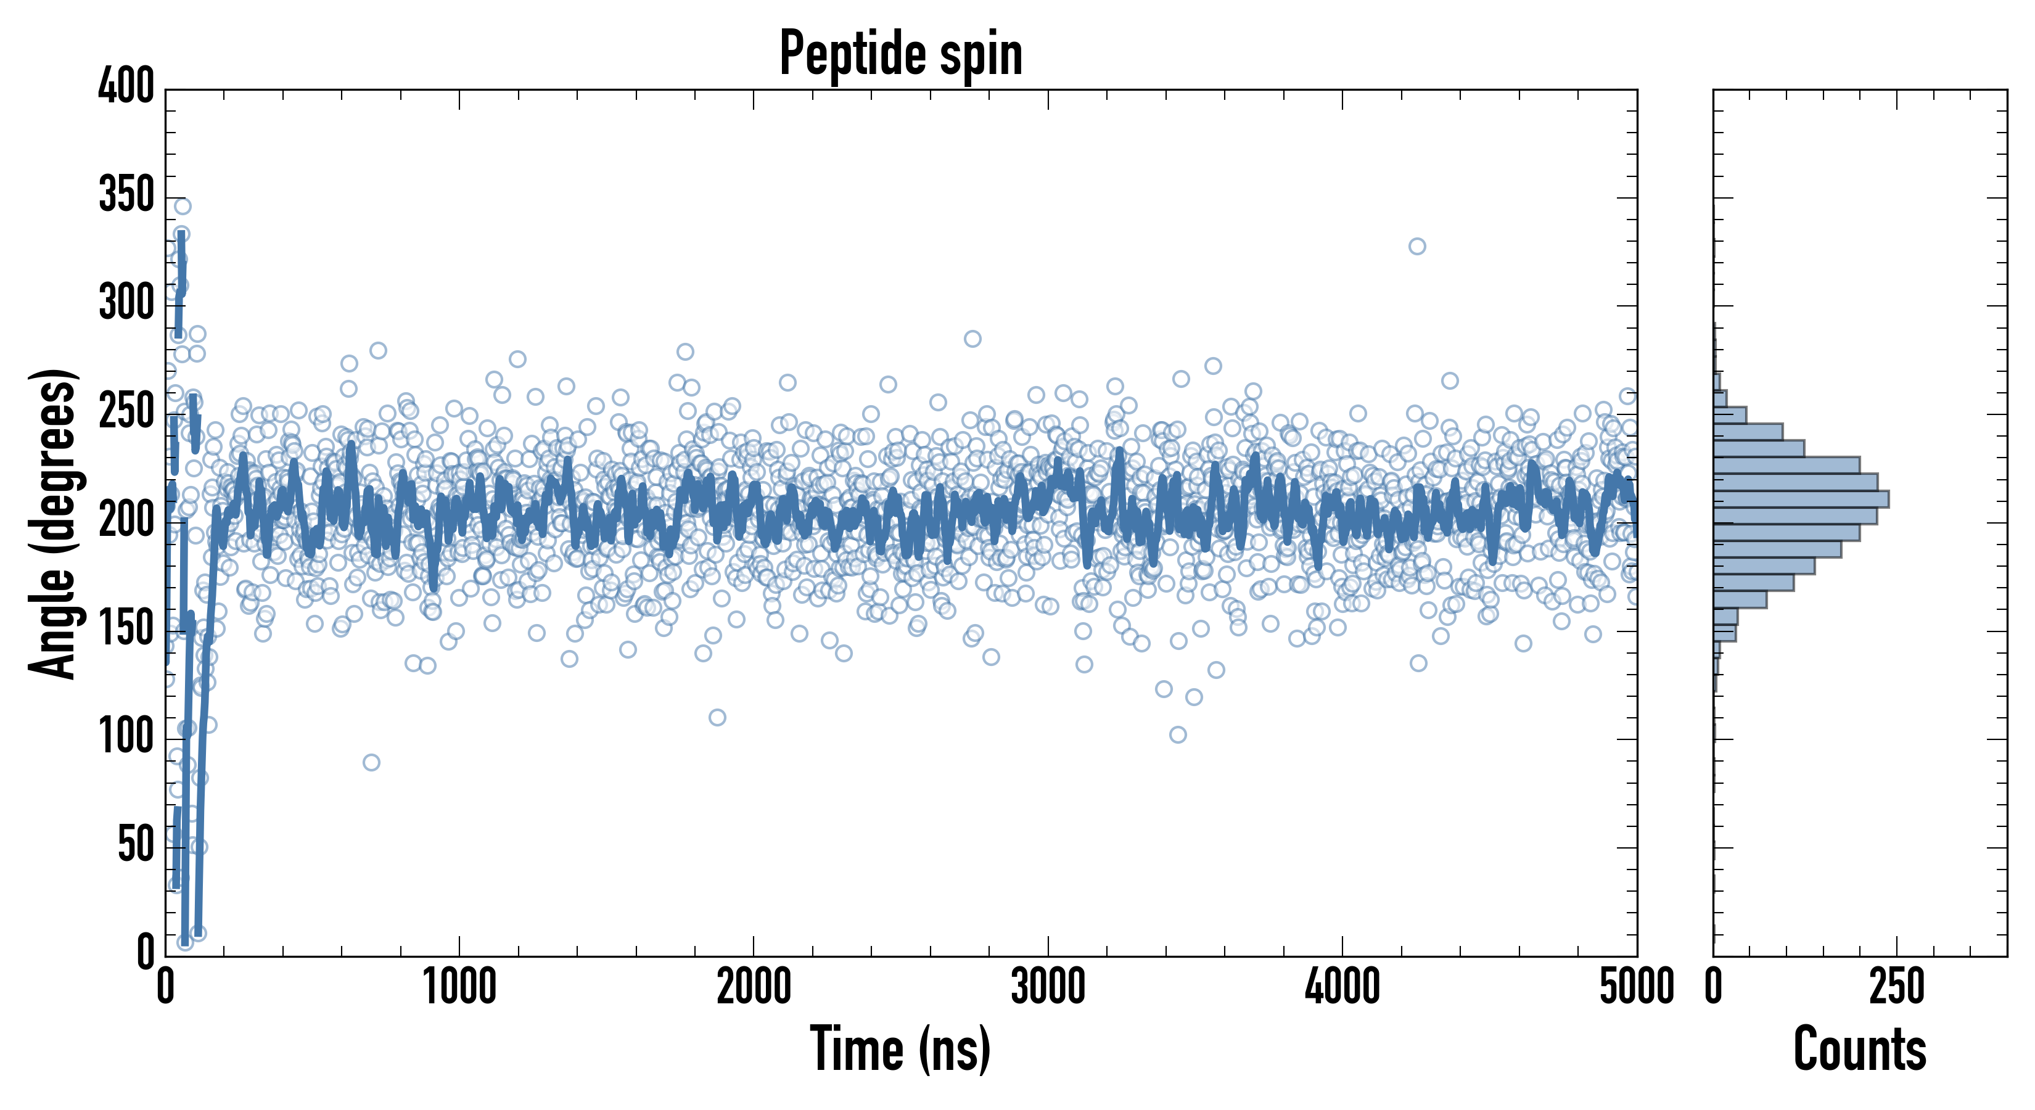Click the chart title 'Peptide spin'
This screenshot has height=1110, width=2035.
[900, 54]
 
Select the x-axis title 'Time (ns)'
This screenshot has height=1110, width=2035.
[900, 1049]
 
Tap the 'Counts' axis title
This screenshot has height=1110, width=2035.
[1860, 1049]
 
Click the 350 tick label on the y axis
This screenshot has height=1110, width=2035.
[126, 194]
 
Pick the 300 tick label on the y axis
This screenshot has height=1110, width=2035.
[126, 303]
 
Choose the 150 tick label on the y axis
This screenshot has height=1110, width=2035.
[126, 629]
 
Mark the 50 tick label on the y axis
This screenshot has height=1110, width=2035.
[136, 845]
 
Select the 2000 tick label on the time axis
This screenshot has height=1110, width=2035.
[754, 987]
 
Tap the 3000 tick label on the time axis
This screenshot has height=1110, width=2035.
[1048, 987]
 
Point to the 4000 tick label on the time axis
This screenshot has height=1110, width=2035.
[1342, 987]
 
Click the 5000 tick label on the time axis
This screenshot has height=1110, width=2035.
[1637, 987]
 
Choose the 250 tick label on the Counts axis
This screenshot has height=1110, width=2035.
[1897, 987]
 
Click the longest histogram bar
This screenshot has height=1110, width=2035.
[1801, 498]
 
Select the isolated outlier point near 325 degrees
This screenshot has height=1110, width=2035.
[1417, 247]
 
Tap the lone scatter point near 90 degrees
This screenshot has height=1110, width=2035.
[371, 762]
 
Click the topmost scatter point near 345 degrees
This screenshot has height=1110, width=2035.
[183, 206]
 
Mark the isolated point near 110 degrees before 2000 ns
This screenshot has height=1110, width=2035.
[717, 717]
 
